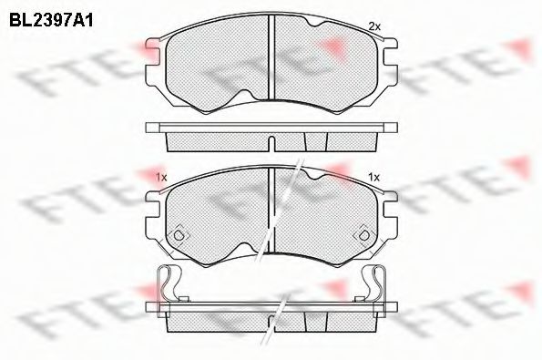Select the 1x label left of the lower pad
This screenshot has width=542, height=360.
pyautogui.click(x=161, y=177)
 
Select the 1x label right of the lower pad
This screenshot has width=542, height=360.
pyautogui.click(x=373, y=177)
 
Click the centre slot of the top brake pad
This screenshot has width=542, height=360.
pyautogui.click(x=271, y=59)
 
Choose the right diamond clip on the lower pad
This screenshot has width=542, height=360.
pyautogui.click(x=363, y=233)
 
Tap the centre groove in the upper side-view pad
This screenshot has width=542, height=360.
pyautogui.click(x=271, y=139)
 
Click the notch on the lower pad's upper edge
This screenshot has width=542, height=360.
pyautogui.click(x=314, y=174)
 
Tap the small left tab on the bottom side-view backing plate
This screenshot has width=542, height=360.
pyautogui.click(x=182, y=299)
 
